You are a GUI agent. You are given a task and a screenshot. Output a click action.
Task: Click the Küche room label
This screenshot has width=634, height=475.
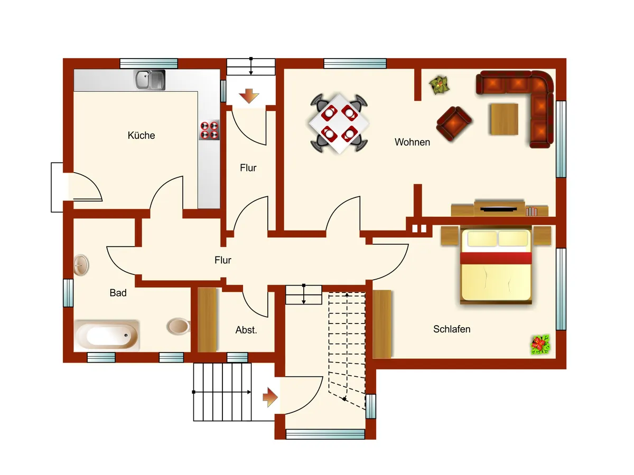tap(141, 135)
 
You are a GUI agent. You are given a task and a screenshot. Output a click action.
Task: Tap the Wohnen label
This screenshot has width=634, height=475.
tap(412, 142)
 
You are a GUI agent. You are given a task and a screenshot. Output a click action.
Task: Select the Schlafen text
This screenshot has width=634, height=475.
tap(452, 329)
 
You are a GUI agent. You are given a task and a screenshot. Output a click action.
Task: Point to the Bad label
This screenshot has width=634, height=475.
tap(118, 293)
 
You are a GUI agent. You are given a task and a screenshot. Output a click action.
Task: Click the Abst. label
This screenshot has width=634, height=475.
tap(246, 330)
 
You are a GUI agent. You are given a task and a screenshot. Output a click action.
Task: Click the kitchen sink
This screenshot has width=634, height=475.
tap(150, 80)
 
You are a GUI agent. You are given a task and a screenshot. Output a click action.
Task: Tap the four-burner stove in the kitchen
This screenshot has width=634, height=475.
tap(209, 130)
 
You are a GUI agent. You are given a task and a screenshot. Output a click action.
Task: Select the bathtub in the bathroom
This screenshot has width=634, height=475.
tap(107, 336)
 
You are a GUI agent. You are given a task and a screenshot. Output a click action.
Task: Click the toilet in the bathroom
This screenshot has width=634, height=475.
tap(179, 326)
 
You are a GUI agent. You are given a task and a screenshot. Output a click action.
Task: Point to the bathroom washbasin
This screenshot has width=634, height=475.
tap(81, 265)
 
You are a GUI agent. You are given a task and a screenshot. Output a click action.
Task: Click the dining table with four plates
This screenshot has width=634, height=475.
tap(339, 123)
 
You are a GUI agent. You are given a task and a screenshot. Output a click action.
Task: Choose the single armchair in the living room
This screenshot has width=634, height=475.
tap(454, 123)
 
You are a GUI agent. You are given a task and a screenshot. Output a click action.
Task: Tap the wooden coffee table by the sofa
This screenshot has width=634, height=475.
tap(505, 119)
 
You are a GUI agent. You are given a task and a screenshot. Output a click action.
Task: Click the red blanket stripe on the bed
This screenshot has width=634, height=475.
tap(496, 258)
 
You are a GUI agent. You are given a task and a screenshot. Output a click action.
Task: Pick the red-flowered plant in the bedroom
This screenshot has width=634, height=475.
tap(540, 344)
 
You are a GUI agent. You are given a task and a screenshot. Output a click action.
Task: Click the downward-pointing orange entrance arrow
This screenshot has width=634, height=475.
tap(249, 96)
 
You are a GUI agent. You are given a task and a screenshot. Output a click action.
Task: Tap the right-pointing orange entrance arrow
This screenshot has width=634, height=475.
tap(271, 397)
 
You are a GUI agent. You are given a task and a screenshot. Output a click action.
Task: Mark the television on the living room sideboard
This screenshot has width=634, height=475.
tap(499, 209)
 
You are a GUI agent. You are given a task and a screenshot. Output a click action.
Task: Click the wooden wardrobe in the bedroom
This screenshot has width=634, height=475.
tap(382, 324)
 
